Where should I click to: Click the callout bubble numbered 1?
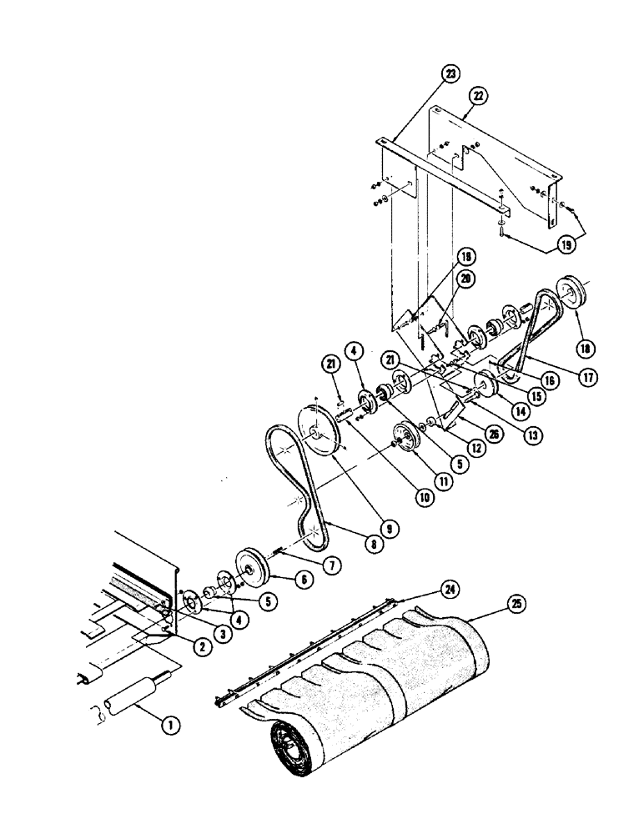tap(170, 726)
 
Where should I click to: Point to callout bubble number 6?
tap(303, 578)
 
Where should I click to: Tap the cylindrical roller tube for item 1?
tap(133, 694)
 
